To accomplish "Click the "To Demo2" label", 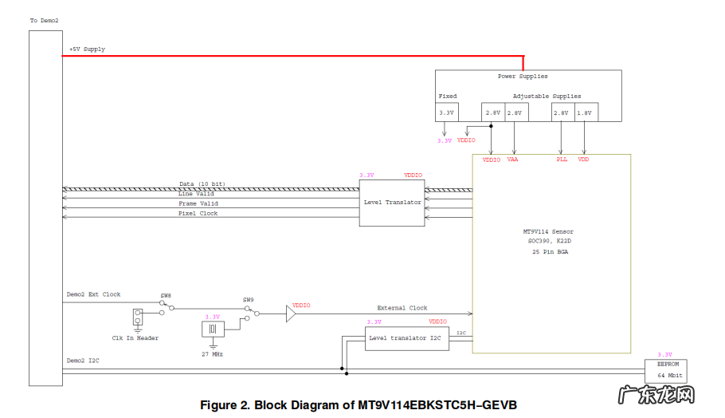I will click(x=45, y=20).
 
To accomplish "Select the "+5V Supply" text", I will click(x=87, y=49).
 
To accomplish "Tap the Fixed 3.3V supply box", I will click(x=446, y=113).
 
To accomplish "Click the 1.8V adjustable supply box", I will click(x=586, y=113).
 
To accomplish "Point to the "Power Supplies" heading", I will click(x=522, y=77).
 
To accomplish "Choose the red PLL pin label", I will click(x=562, y=160).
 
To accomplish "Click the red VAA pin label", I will click(x=512, y=160).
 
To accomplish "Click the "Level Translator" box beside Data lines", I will click(x=392, y=203).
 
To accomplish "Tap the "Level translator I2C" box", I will click(x=406, y=338).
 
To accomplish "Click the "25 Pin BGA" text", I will click(x=551, y=252).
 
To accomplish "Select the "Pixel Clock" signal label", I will click(x=198, y=214).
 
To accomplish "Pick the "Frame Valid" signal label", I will click(x=198, y=203).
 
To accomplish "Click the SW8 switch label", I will click(x=166, y=296).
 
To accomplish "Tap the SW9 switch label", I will click(x=249, y=301).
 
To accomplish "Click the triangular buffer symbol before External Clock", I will click(x=291, y=314).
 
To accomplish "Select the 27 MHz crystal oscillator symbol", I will click(x=213, y=329).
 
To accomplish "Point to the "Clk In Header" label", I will click(x=135, y=338).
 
